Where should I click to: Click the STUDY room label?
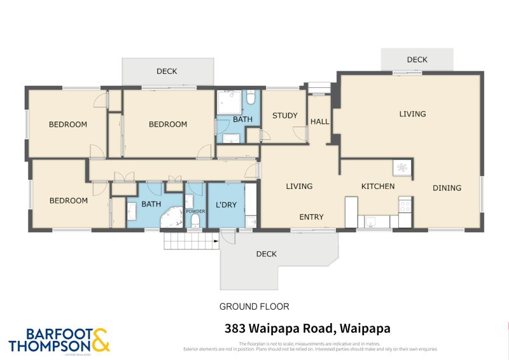[x=284, y=116]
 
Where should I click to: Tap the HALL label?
[x=319, y=121]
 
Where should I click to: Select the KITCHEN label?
[x=378, y=186]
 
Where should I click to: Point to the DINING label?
[x=447, y=188]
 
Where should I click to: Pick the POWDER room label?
[x=195, y=211]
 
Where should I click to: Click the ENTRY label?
[x=312, y=217]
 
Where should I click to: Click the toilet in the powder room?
[x=195, y=221]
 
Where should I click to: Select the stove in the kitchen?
[x=404, y=205]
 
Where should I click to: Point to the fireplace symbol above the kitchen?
[x=401, y=167]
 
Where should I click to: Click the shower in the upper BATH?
[x=227, y=103]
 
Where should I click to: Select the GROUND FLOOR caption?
[x=254, y=307]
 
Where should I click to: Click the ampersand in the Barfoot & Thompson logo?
[x=101, y=340]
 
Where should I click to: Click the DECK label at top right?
[x=417, y=60]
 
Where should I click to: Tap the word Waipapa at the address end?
[x=365, y=329]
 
